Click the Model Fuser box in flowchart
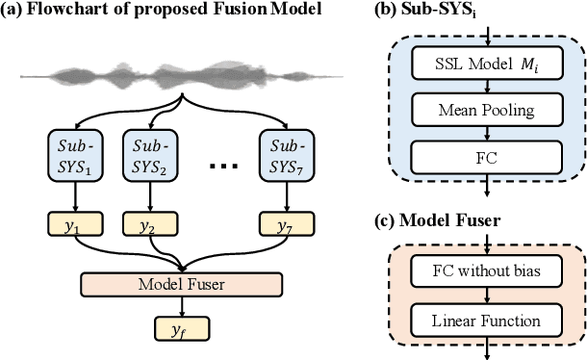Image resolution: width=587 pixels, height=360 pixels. coord(182,285)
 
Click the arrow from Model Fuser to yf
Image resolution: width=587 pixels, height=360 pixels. coord(182,307)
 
